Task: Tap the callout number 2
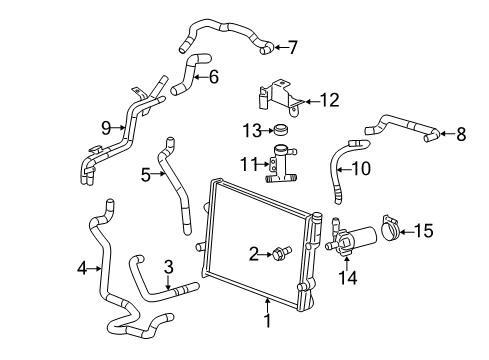click(x=255, y=253)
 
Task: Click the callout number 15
click(x=424, y=231)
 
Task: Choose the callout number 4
click(x=82, y=267)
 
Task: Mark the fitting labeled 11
click(x=281, y=162)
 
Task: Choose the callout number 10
click(x=360, y=169)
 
